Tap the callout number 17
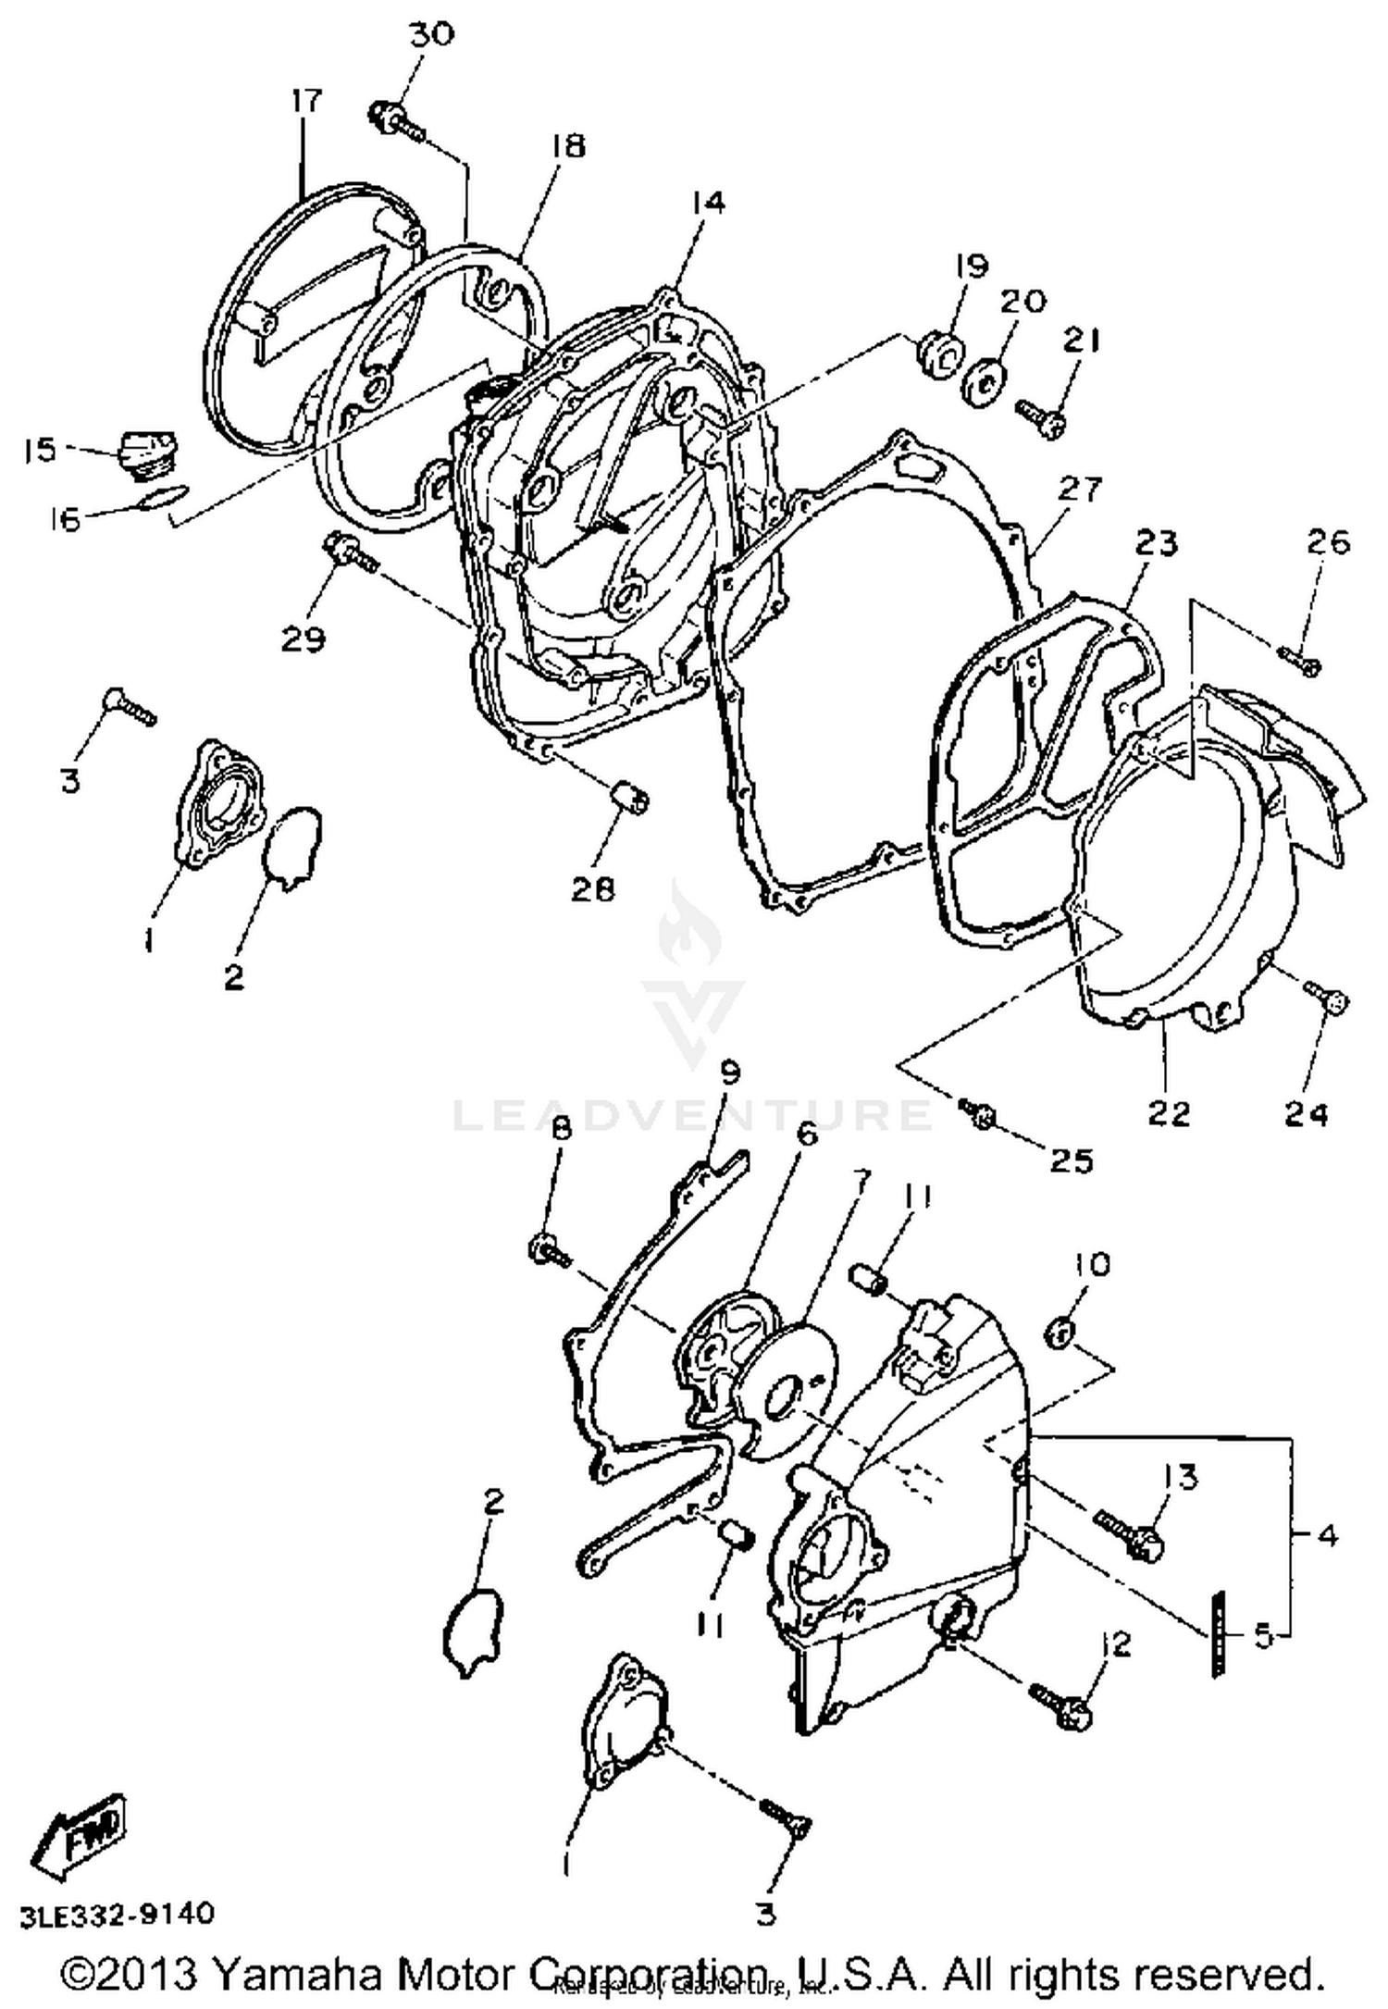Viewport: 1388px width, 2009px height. (x=306, y=100)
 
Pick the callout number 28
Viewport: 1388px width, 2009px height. (x=593, y=888)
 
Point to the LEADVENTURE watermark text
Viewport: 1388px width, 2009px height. (x=692, y=1115)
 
